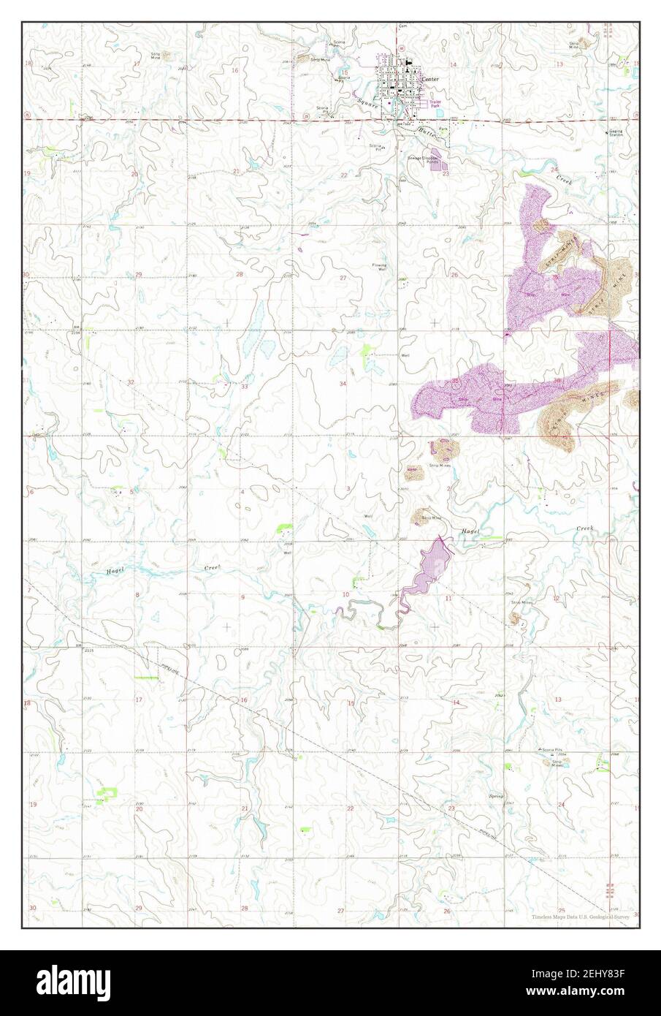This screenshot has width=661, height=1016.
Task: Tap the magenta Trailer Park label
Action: (x=436, y=105)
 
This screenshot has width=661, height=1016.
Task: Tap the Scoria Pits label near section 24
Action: (x=552, y=751)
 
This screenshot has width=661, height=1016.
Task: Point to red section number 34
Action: (x=342, y=383)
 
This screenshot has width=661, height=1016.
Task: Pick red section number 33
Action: (x=245, y=386)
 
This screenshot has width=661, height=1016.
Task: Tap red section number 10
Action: (x=345, y=594)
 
